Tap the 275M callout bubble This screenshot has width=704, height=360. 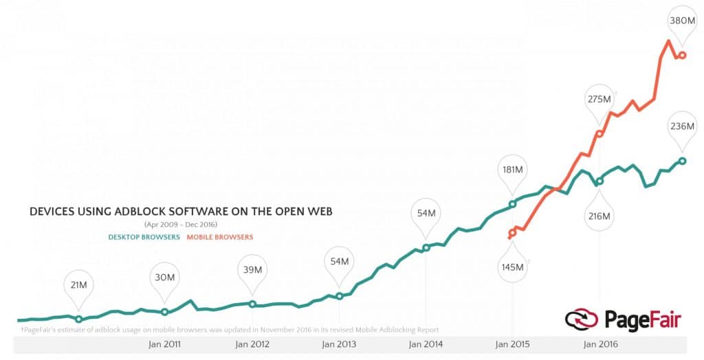[599, 99]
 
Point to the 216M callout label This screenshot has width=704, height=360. [599, 216]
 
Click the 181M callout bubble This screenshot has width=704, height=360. [512, 169]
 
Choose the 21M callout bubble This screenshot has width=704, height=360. [78, 284]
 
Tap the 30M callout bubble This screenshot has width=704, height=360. [164, 277]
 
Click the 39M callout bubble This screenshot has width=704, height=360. [252, 269]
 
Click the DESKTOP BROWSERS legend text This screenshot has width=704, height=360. [144, 237]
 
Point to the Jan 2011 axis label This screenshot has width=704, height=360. [164, 344]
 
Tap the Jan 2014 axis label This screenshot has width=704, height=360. [426, 344]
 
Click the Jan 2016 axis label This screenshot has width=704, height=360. [599, 344]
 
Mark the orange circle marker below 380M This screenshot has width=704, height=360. [682, 55]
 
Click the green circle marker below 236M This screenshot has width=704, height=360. [682, 161]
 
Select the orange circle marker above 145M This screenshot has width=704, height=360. [512, 233]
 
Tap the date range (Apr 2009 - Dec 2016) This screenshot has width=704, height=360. [181, 225]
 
